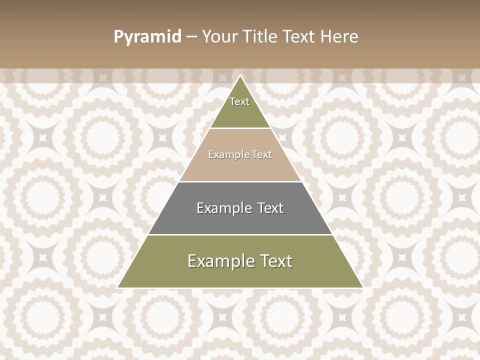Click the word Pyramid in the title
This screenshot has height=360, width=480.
click(147, 37)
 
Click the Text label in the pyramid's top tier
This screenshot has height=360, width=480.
click(239, 101)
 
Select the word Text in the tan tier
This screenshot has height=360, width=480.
click(262, 155)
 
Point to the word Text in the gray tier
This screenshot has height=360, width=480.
click(270, 208)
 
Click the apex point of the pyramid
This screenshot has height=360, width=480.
click(240, 76)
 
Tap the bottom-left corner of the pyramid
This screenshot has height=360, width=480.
click(118, 287)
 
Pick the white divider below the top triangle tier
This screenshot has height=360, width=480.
click(240, 128)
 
